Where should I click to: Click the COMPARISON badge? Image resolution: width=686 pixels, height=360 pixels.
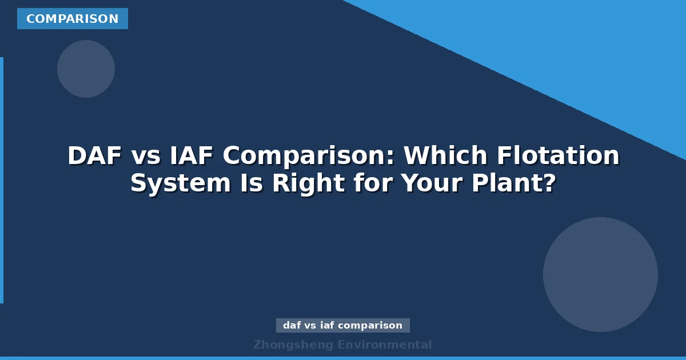[73, 19]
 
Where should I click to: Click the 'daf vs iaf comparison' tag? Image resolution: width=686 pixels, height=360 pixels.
[343, 326]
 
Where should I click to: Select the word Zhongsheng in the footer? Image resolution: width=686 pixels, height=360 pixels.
[293, 345]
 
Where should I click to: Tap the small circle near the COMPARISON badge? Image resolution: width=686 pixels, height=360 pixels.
[86, 69]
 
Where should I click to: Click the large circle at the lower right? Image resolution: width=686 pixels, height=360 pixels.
[600, 274]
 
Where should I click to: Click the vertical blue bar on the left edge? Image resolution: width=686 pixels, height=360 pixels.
[2, 180]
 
